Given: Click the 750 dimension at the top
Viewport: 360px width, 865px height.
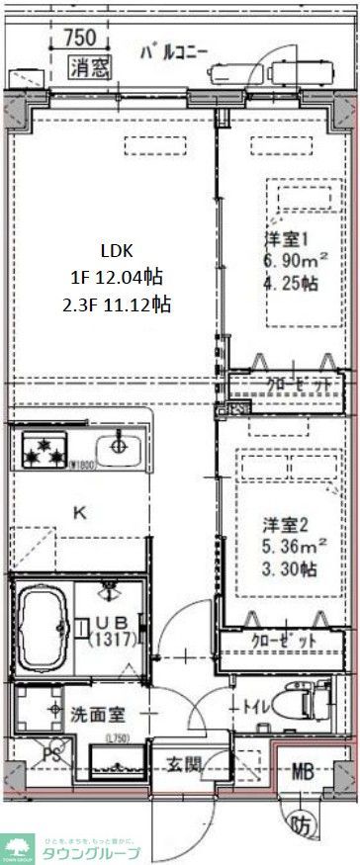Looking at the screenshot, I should tap(79, 38).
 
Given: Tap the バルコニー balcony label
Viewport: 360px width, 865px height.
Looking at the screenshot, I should tap(173, 51).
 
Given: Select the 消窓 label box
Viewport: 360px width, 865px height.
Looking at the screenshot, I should tap(90, 67).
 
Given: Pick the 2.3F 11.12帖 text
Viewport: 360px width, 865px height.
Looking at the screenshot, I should tap(116, 304).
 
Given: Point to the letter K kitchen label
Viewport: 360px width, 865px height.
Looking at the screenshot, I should tap(82, 511).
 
